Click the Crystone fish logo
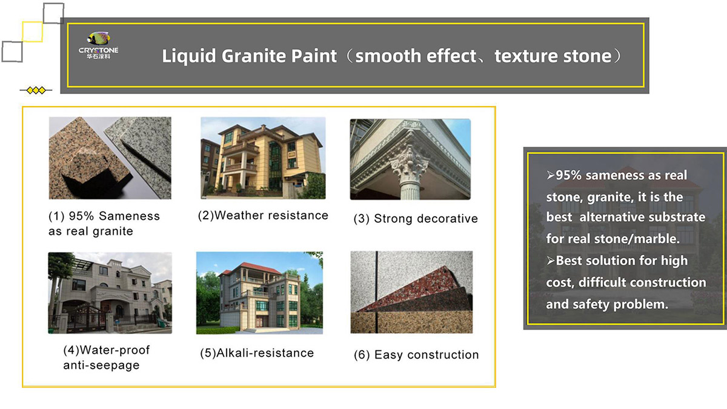[98, 39]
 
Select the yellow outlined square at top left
[32, 32]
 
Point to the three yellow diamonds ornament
[36, 90]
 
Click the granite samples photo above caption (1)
[110, 158]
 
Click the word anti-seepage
[101, 365]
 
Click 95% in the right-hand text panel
[569, 175]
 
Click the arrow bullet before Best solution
[551, 261]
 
